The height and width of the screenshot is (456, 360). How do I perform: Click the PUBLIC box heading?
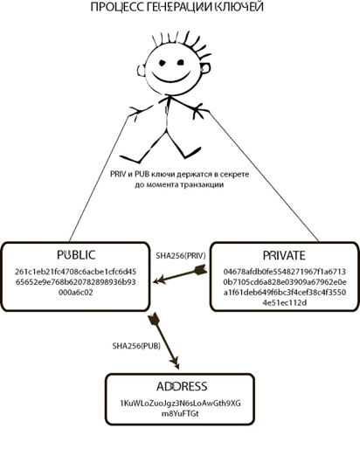click(x=76, y=255)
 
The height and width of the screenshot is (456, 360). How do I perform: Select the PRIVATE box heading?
click(x=284, y=255)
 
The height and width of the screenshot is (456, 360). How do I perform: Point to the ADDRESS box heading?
click(x=182, y=386)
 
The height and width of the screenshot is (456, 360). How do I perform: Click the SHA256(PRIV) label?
click(x=181, y=256)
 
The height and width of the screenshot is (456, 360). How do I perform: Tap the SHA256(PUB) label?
click(x=136, y=346)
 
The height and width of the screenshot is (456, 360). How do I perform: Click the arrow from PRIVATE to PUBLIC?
click(x=180, y=274)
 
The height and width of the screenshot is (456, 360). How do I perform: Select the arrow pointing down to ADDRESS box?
click(x=164, y=341)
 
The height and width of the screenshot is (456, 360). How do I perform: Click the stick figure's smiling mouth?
click(x=171, y=79)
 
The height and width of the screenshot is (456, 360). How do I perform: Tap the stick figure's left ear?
click(x=141, y=71)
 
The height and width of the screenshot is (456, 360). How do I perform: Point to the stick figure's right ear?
click(x=205, y=68)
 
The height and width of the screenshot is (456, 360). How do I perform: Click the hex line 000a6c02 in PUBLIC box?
click(x=76, y=293)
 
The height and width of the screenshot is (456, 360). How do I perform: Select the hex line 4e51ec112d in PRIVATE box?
click(x=285, y=302)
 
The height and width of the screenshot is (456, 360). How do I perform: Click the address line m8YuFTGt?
click(x=180, y=413)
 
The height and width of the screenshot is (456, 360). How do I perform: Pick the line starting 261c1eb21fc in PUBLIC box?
click(x=75, y=272)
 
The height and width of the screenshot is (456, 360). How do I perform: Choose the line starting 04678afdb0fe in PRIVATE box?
click(x=285, y=272)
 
